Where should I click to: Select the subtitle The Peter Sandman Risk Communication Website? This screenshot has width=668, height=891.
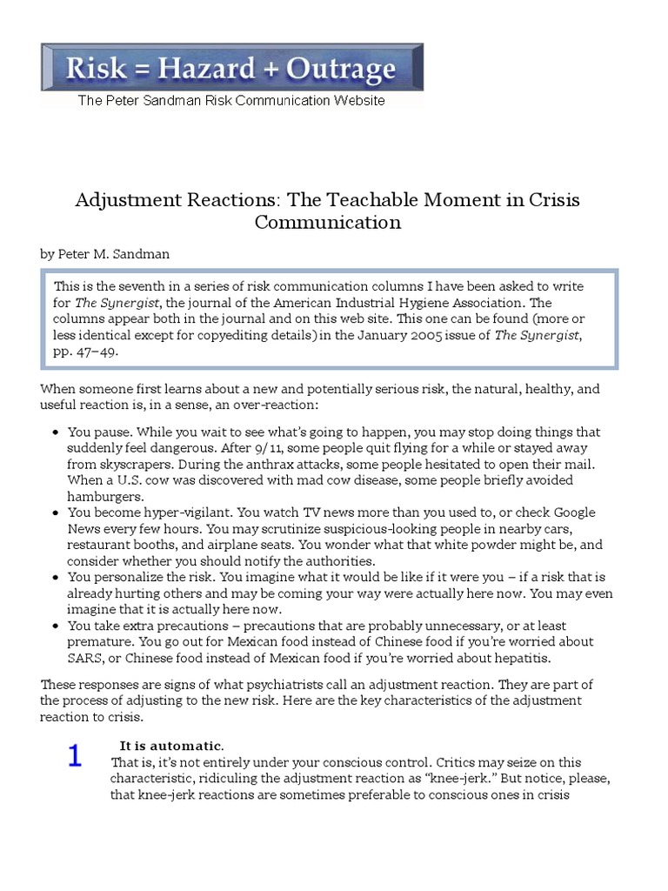point(231,100)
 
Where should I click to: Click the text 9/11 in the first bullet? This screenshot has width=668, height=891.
point(271,448)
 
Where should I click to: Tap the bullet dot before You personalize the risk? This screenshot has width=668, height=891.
point(56,578)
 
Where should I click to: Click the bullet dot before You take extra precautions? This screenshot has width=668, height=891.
point(56,626)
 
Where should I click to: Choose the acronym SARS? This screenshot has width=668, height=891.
point(86,657)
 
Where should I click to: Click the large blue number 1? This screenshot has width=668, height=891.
point(76,756)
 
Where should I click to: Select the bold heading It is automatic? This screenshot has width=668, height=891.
point(171,746)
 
